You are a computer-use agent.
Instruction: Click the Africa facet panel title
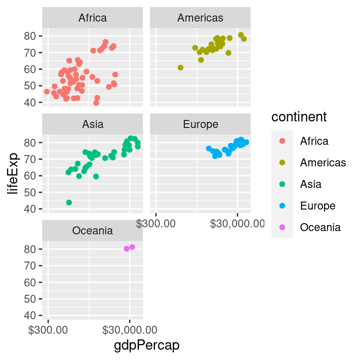point(92,18)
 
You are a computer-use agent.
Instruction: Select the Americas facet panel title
point(200,18)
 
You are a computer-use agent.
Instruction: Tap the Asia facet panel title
point(92,124)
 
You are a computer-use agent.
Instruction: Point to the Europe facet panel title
point(200,124)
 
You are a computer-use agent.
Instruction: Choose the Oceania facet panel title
point(92,230)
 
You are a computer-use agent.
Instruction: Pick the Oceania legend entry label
point(320,227)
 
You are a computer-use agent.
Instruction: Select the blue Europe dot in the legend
point(282,206)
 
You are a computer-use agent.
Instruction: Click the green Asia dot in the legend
point(282,184)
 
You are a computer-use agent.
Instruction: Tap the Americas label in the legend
point(323,163)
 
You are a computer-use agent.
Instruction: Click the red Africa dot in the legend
point(282,141)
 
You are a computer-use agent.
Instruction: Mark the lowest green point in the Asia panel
point(69,202)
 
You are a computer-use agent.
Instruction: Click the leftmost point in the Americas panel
point(180,67)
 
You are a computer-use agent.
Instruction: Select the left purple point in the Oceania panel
point(127,249)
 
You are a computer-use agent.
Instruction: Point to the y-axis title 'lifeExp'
point(14,173)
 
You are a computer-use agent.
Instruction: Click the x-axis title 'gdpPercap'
point(147,345)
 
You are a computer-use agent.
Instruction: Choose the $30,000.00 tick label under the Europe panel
point(237,225)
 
